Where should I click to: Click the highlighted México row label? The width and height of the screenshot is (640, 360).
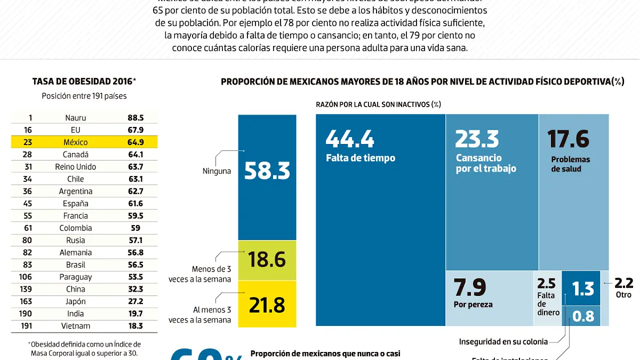click(x=76, y=142)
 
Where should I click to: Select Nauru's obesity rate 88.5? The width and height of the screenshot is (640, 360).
click(x=135, y=118)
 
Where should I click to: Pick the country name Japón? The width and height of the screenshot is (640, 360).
click(x=76, y=301)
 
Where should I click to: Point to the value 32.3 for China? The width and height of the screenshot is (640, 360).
click(x=135, y=289)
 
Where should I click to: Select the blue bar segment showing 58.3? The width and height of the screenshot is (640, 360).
click(x=267, y=171)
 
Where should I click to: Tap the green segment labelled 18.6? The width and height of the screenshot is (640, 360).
click(x=267, y=260)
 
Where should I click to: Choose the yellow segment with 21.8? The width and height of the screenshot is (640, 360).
click(x=267, y=305)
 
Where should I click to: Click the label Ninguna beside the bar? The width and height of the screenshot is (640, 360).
click(x=217, y=171)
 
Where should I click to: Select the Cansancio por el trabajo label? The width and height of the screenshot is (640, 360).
click(x=486, y=163)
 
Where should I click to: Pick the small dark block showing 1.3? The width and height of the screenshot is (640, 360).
click(x=582, y=289)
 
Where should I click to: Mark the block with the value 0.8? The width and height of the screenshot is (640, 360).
click(x=582, y=316)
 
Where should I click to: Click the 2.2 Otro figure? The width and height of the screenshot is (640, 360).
click(x=623, y=287)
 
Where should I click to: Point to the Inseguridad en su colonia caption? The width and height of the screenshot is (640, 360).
click(x=503, y=341)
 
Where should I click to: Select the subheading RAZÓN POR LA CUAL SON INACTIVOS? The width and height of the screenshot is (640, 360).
click(x=378, y=105)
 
